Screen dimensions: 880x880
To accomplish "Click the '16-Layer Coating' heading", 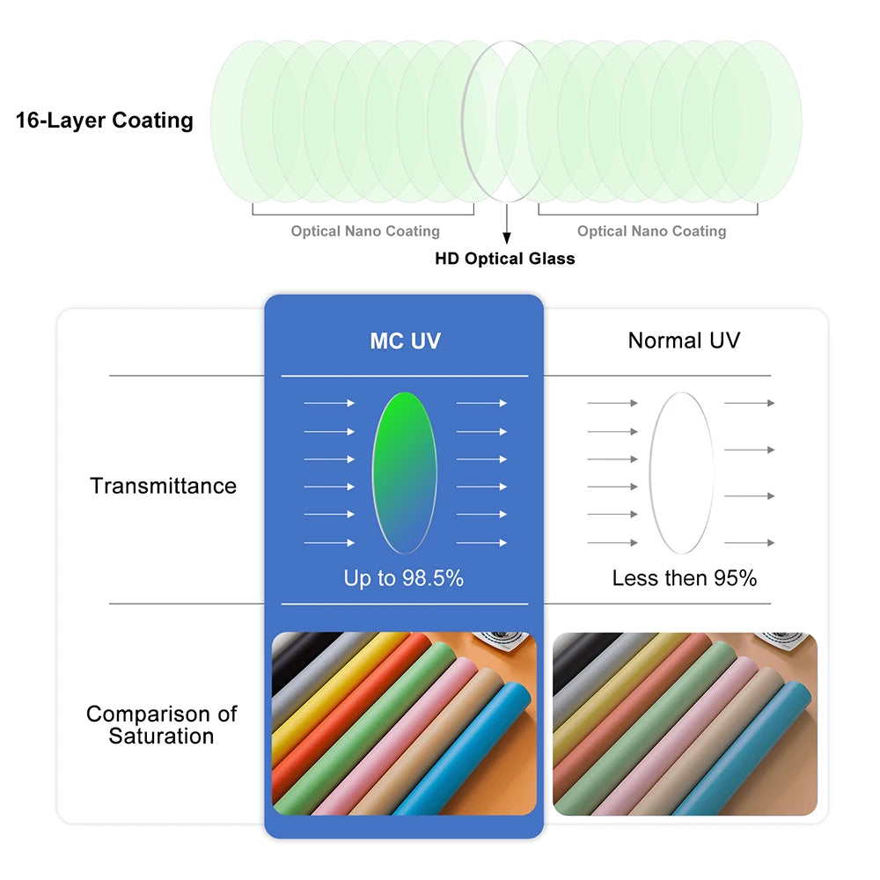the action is pos(105,120).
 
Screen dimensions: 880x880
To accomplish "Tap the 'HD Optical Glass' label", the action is pos(505,258).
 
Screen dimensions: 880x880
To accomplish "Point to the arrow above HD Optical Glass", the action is pos(507,224).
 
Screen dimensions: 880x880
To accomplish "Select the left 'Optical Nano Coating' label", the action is pos(365,231).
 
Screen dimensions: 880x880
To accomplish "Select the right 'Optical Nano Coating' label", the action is pos(651,231).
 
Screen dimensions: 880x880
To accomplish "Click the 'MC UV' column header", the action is pos(405,341).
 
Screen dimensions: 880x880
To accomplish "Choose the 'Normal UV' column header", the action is pos(684,340).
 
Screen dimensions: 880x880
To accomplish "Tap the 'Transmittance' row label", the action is pos(164,486).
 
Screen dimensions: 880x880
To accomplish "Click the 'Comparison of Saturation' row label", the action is pos(162,724).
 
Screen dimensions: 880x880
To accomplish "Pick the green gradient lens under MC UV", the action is pos(405,473).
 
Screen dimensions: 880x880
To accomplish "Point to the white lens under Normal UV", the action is pos(682,473).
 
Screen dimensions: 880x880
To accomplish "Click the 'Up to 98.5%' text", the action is pos(404,578).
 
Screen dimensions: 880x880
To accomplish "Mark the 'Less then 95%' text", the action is pos(685,578).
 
